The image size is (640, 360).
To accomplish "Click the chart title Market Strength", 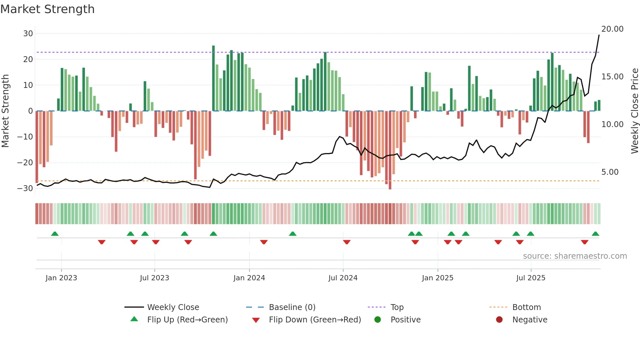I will click(x=47, y=9).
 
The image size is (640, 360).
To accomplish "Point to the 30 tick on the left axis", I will click(x=28, y=34).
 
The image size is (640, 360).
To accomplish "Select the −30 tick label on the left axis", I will click(x=25, y=188).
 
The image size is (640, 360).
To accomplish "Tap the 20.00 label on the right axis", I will click(x=612, y=29).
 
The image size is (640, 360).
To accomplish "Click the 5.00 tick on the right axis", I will click(x=610, y=172).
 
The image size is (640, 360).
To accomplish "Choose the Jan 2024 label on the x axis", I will click(x=249, y=278).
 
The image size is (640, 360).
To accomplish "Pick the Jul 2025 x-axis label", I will click(x=531, y=278).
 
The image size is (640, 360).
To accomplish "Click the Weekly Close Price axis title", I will click(x=634, y=111).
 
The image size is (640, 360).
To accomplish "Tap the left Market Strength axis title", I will click(x=5, y=111).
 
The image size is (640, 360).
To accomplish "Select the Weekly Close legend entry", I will click(x=173, y=307).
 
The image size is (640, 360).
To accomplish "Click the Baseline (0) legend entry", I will click(x=292, y=307).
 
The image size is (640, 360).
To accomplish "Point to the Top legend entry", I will click(x=397, y=307).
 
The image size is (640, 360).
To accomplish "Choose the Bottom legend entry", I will click(x=526, y=307).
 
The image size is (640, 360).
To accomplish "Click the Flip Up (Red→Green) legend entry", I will click(x=187, y=320).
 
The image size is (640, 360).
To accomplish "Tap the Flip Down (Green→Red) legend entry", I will click(x=315, y=320).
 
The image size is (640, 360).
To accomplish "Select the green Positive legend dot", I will click(x=378, y=320).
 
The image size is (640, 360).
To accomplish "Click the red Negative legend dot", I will click(x=499, y=320).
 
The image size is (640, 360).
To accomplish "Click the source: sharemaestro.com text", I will click(x=575, y=256).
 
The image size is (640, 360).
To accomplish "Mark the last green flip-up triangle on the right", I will click(x=595, y=234).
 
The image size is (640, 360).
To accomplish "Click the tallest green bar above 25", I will click(x=214, y=78).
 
